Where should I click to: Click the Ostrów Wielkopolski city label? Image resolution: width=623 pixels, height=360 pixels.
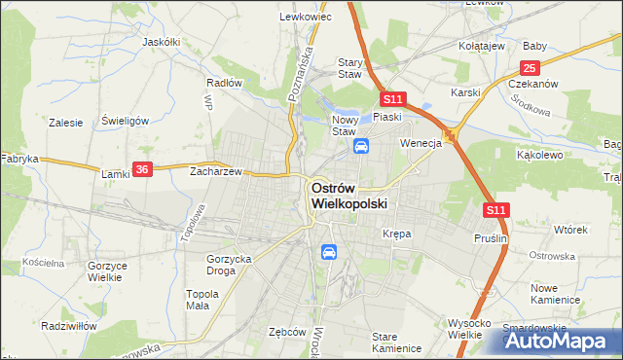pos(348,196)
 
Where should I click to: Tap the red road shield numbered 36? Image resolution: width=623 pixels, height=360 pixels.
pos(142,168)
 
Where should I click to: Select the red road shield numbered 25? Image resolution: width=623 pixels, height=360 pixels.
pos(530,68)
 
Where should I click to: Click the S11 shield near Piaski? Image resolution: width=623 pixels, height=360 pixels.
pos(392,99)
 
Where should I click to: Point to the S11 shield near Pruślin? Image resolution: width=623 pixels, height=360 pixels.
pos(495,209)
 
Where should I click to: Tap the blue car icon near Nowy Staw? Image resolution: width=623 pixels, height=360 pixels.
pos(361,147)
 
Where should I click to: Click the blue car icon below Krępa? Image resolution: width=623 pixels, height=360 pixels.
pos(329,252)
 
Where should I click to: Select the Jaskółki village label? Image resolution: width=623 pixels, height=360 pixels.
pos(162,43)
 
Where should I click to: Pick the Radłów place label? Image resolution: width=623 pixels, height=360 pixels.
pos(224,83)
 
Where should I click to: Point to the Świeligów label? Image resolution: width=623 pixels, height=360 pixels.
pos(125,121)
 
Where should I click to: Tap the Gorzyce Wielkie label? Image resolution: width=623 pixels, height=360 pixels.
pos(104,271)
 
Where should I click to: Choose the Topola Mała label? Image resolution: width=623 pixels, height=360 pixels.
pos(202,299)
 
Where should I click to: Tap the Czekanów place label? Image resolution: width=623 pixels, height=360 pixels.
pos(532,84)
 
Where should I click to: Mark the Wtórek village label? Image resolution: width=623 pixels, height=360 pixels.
pos(570,231)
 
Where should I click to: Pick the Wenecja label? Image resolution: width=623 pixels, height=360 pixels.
pos(421,143)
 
